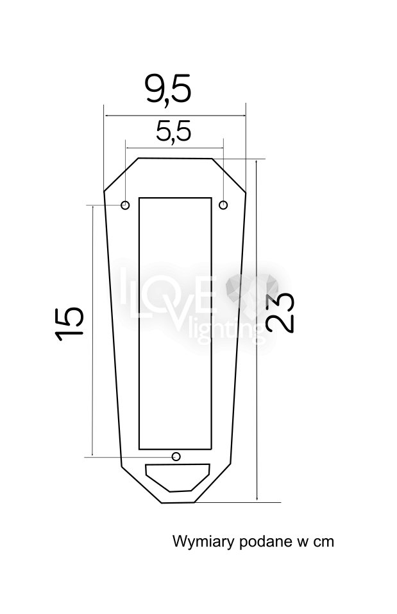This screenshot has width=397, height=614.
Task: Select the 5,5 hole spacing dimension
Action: (x=173, y=131)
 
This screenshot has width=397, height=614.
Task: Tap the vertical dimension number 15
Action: (x=69, y=324)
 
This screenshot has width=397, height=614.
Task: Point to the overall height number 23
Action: (x=280, y=313)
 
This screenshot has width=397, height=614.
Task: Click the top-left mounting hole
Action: (x=125, y=205)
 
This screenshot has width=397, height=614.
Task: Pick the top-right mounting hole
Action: (x=223, y=205)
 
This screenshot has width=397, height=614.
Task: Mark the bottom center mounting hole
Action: (x=176, y=456)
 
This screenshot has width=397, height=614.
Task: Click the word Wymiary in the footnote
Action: (x=203, y=542)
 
